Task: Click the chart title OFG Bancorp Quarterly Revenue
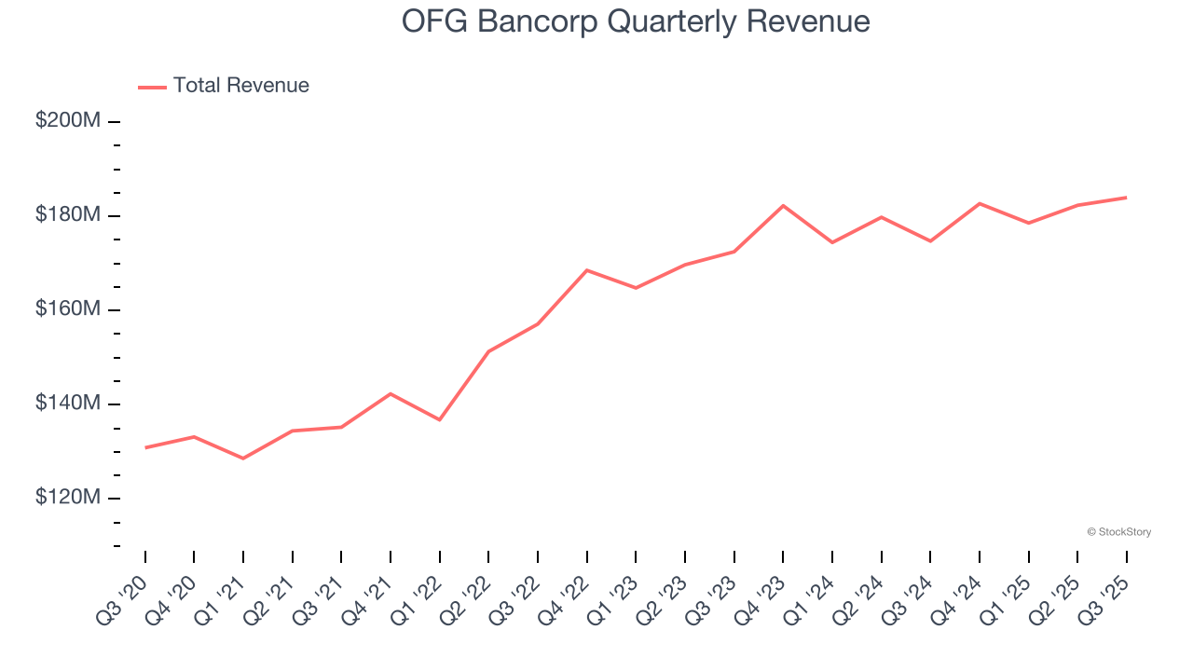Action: pos(636,21)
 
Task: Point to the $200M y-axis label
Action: pos(68,121)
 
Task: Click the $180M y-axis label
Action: pos(68,215)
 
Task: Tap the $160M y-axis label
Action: pos(68,309)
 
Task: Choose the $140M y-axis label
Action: pos(68,404)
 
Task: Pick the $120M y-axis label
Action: pos(68,498)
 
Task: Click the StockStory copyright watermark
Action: pos(1118,532)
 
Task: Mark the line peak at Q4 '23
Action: pos(783,205)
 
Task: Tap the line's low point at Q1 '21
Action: pos(243,459)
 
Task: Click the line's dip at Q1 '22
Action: pos(439,419)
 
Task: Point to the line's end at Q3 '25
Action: pos(1126,198)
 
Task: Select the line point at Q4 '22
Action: pos(586,270)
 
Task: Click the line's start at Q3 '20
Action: pos(145,447)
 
